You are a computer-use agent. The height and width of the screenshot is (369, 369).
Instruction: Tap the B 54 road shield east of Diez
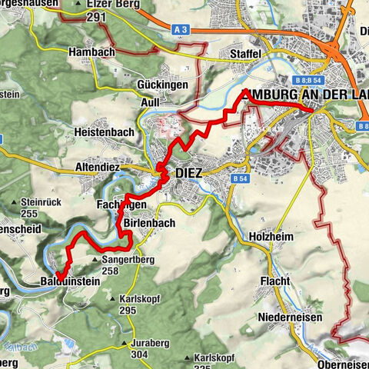239,178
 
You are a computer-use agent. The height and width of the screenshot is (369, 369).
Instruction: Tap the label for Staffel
246,54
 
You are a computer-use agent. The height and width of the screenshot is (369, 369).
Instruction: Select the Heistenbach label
105,132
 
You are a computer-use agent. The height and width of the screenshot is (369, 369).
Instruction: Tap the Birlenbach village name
149,223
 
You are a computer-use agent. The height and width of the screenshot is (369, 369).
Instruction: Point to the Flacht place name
274,281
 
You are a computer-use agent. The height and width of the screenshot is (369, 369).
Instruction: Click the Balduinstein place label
71,283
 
